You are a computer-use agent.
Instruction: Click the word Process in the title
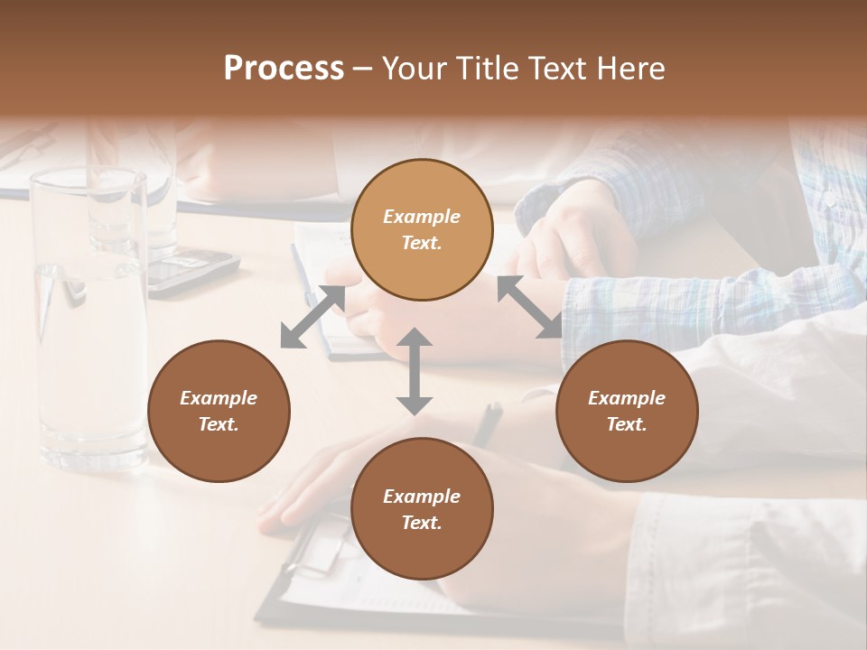(284, 69)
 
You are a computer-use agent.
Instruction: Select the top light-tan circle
(422, 229)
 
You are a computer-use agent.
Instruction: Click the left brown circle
(219, 411)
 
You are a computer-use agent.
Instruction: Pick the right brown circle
(627, 411)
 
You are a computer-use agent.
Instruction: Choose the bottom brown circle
(422, 509)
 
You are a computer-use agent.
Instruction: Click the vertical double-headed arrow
(415, 372)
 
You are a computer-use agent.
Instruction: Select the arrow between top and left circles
(312, 317)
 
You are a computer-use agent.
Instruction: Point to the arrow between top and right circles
(528, 307)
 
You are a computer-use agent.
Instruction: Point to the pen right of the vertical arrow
(489, 422)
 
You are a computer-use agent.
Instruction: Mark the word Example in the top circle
(422, 217)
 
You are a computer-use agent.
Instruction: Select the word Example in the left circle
(219, 398)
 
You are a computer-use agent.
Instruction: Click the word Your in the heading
(410, 69)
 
